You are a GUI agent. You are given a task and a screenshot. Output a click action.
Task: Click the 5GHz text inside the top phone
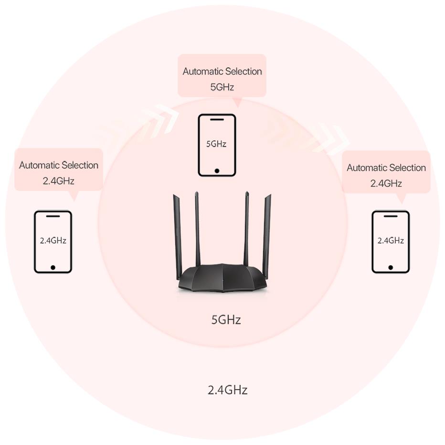(x=216, y=144)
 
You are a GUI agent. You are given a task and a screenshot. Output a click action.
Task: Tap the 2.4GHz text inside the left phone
(x=53, y=241)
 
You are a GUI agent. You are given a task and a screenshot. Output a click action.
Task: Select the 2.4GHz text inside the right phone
(x=391, y=241)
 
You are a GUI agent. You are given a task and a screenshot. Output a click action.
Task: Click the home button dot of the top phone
(x=217, y=171)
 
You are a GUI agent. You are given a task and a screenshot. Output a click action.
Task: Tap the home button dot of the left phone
(x=53, y=268)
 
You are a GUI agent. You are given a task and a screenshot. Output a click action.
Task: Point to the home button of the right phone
(x=391, y=268)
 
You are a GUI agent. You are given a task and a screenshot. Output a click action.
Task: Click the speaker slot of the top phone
(x=217, y=119)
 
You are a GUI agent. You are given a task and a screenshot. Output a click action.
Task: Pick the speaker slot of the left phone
(x=53, y=216)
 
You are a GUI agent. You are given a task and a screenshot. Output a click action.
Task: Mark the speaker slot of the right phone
(x=391, y=216)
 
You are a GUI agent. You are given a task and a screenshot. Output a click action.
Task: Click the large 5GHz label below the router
(x=226, y=320)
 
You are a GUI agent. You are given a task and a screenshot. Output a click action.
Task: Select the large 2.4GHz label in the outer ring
(x=228, y=390)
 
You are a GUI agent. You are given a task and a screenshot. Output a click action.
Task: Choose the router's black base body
(x=222, y=277)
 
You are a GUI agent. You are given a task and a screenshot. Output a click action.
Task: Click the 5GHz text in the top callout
(x=222, y=87)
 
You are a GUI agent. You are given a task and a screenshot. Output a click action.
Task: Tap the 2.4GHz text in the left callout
(x=58, y=181)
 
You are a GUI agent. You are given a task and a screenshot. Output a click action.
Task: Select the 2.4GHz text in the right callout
(x=386, y=183)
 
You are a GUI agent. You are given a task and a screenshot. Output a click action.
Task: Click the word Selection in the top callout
(x=242, y=71)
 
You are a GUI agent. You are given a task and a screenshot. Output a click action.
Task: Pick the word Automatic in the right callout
(x=365, y=168)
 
